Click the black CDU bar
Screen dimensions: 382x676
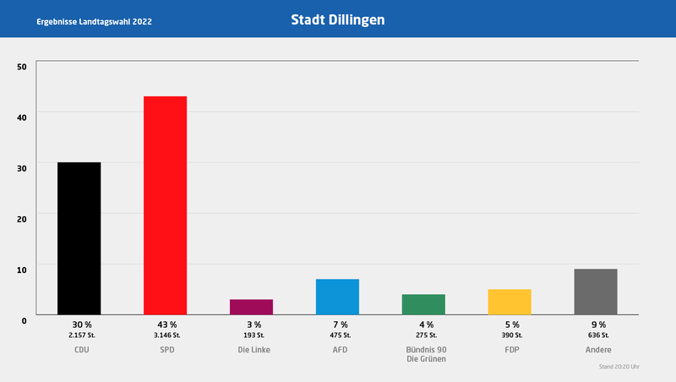point(79,238)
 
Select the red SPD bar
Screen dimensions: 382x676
point(165,205)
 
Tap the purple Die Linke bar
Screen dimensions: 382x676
point(251,307)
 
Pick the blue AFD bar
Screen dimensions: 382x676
point(337,297)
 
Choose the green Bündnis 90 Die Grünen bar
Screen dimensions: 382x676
point(423,304)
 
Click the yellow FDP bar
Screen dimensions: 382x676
point(510,302)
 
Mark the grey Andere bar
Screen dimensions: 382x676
point(596,292)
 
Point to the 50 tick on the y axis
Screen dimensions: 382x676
point(22,66)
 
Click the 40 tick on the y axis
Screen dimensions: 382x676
point(22,117)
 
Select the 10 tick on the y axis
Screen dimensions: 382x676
point(22,269)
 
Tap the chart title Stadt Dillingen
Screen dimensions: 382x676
point(337,19)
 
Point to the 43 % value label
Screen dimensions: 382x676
point(166,325)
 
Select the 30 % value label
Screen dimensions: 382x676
point(79,325)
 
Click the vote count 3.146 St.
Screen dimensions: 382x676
point(166,336)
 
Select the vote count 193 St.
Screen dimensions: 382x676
point(252,336)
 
